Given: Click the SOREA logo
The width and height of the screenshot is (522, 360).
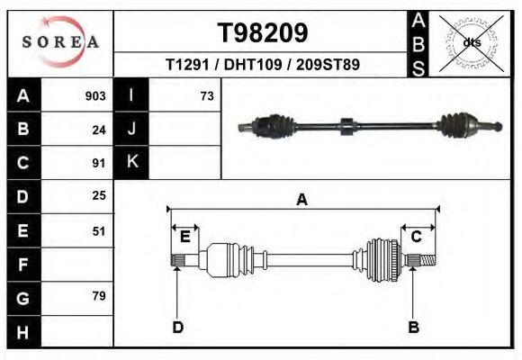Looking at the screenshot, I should pos(60,42).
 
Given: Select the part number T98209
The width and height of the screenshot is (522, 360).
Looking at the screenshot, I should pos(263,33).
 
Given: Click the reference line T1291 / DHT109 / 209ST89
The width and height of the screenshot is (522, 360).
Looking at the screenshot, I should pos(263,65).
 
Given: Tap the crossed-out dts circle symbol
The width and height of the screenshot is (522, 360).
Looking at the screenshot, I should pos(472,42).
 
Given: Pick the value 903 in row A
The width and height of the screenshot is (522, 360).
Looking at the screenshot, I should pos(95,96).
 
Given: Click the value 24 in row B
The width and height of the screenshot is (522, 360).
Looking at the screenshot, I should pos(99,130).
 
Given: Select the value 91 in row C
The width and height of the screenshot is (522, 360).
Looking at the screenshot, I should pos(99,163).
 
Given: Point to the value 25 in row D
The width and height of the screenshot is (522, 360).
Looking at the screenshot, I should pos(99,195).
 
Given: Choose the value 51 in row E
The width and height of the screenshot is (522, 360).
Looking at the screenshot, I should pos(99,230).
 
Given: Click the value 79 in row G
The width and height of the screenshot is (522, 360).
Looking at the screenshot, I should pos(99,296).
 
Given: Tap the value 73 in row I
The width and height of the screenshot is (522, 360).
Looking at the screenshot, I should pos(207,96).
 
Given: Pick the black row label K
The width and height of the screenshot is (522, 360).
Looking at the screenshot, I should pos(131,163).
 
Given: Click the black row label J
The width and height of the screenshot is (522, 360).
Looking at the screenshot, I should pos(131,130).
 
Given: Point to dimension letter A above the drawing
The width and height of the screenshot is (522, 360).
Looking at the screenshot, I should pos(301,200).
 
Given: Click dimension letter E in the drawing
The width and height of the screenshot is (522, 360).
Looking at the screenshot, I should pos(184,237).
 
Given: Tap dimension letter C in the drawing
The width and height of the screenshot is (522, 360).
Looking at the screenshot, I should pos(417,237).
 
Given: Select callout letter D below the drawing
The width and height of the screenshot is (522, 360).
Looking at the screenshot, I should pos(178,327).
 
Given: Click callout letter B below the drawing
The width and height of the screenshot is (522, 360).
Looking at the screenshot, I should pos(414,327).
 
